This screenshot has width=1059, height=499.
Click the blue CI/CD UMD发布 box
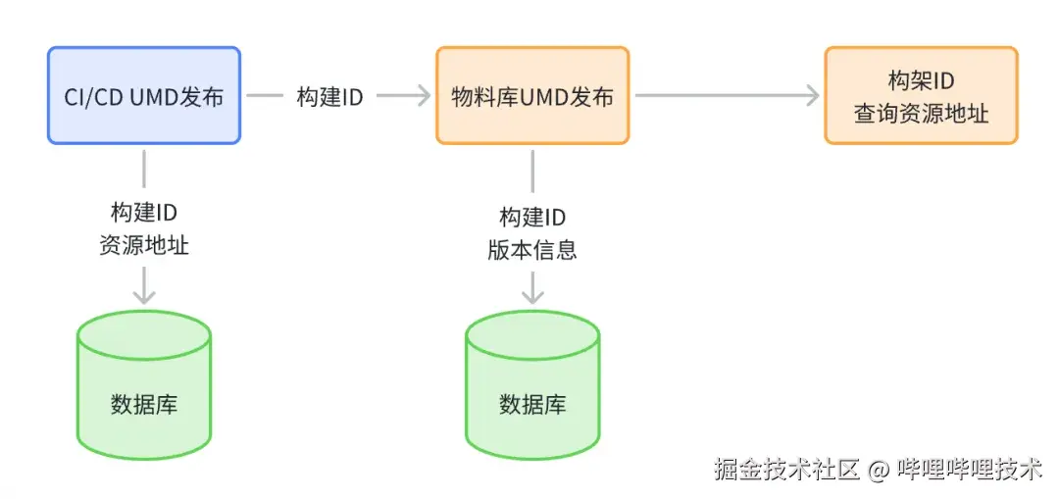click(x=143, y=96)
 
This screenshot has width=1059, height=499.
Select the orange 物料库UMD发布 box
click(x=531, y=96)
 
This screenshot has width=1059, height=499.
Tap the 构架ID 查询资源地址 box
click(x=921, y=96)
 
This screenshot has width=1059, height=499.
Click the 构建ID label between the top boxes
click(x=330, y=97)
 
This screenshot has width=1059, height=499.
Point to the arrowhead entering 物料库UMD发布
click(x=424, y=96)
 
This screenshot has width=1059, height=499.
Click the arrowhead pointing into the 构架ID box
click(x=812, y=96)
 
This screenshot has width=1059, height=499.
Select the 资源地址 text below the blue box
click(x=144, y=245)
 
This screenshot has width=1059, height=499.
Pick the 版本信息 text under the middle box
click(x=532, y=249)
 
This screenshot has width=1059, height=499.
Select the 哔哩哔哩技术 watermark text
click(x=970, y=470)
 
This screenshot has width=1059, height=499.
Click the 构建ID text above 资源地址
click(x=144, y=215)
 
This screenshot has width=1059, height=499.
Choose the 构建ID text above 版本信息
click(x=532, y=218)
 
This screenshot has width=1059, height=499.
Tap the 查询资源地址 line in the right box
click(x=921, y=113)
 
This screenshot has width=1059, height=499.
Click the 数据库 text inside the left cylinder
click(x=144, y=404)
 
